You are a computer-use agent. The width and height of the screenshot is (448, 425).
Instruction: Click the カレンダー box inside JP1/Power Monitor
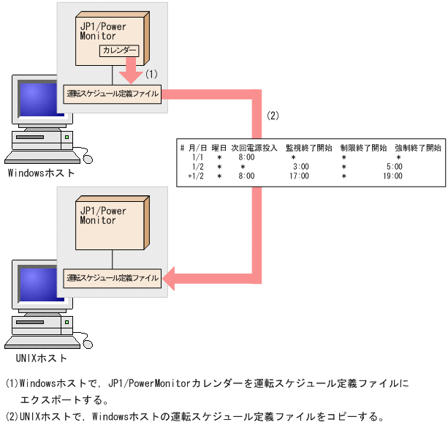[118, 51]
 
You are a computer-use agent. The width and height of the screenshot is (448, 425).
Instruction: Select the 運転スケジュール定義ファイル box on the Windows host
[112, 94]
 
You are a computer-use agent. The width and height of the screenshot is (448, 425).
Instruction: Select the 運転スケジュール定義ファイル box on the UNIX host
[112, 278]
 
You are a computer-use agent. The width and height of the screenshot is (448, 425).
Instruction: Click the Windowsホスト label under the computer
[41, 173]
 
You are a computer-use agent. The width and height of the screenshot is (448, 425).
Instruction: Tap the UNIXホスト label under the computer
[41, 358]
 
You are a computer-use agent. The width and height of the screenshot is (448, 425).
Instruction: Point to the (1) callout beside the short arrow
[152, 74]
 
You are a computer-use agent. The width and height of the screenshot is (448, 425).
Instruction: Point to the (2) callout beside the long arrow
[273, 116]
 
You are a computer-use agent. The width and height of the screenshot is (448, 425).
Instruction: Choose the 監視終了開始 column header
[308, 148]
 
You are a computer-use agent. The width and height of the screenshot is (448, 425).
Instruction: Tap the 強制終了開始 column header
[418, 148]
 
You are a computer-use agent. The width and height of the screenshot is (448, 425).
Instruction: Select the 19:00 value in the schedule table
[392, 176]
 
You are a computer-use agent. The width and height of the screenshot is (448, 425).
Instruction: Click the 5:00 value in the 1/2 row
[393, 167]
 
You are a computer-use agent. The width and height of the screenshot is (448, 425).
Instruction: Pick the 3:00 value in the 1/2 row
[300, 167]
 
